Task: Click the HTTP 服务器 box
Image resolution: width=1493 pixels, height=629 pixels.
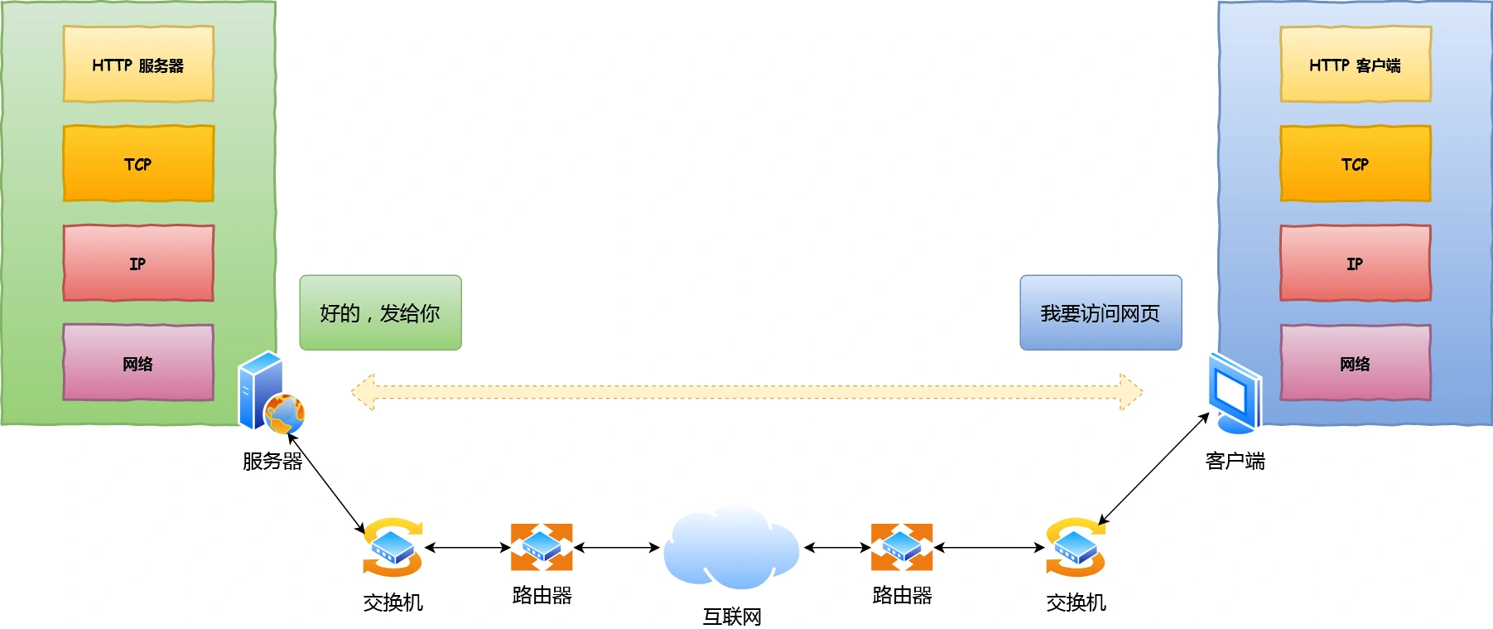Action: click(138, 65)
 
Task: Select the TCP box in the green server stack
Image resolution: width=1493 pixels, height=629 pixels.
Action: click(138, 163)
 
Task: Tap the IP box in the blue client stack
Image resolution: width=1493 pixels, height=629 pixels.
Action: click(1355, 263)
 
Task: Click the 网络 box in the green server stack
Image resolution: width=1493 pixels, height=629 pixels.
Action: click(138, 362)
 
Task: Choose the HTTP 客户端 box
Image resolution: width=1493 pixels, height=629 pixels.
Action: click(1355, 65)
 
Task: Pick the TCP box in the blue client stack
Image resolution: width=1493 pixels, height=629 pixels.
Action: click(1355, 163)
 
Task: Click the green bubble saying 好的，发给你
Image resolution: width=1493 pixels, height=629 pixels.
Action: click(380, 312)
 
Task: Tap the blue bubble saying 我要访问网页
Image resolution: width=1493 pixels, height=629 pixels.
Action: click(1100, 312)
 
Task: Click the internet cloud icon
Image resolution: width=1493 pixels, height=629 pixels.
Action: click(730, 547)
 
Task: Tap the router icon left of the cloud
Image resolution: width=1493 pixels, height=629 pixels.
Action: click(542, 547)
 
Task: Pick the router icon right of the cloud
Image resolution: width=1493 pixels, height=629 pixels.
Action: click(902, 547)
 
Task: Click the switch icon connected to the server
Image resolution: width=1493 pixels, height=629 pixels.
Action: click(393, 547)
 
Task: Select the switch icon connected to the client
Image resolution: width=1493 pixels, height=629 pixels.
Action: click(1075, 547)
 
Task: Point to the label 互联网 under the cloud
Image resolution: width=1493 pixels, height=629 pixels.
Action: click(731, 617)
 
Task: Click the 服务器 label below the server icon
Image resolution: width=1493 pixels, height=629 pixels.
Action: click(272, 462)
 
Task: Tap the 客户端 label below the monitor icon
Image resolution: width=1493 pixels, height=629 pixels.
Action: click(1235, 462)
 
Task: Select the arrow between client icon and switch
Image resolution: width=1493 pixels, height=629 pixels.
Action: click(1153, 469)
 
